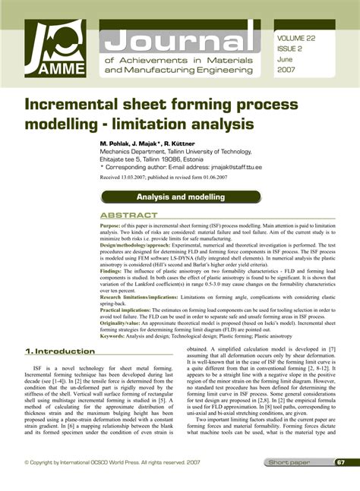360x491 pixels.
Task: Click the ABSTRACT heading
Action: (x=128, y=216)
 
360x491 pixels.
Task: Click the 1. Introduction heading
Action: (x=60, y=351)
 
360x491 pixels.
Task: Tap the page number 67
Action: (x=341, y=461)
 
